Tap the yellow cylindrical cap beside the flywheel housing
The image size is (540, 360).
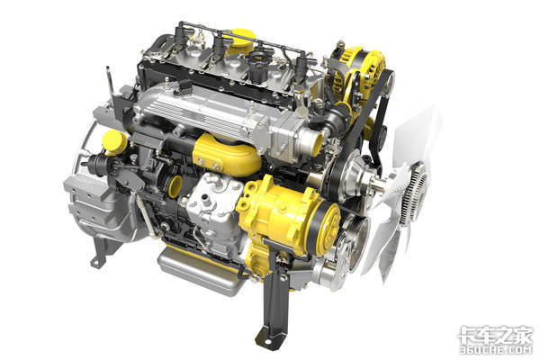(x=114, y=142)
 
